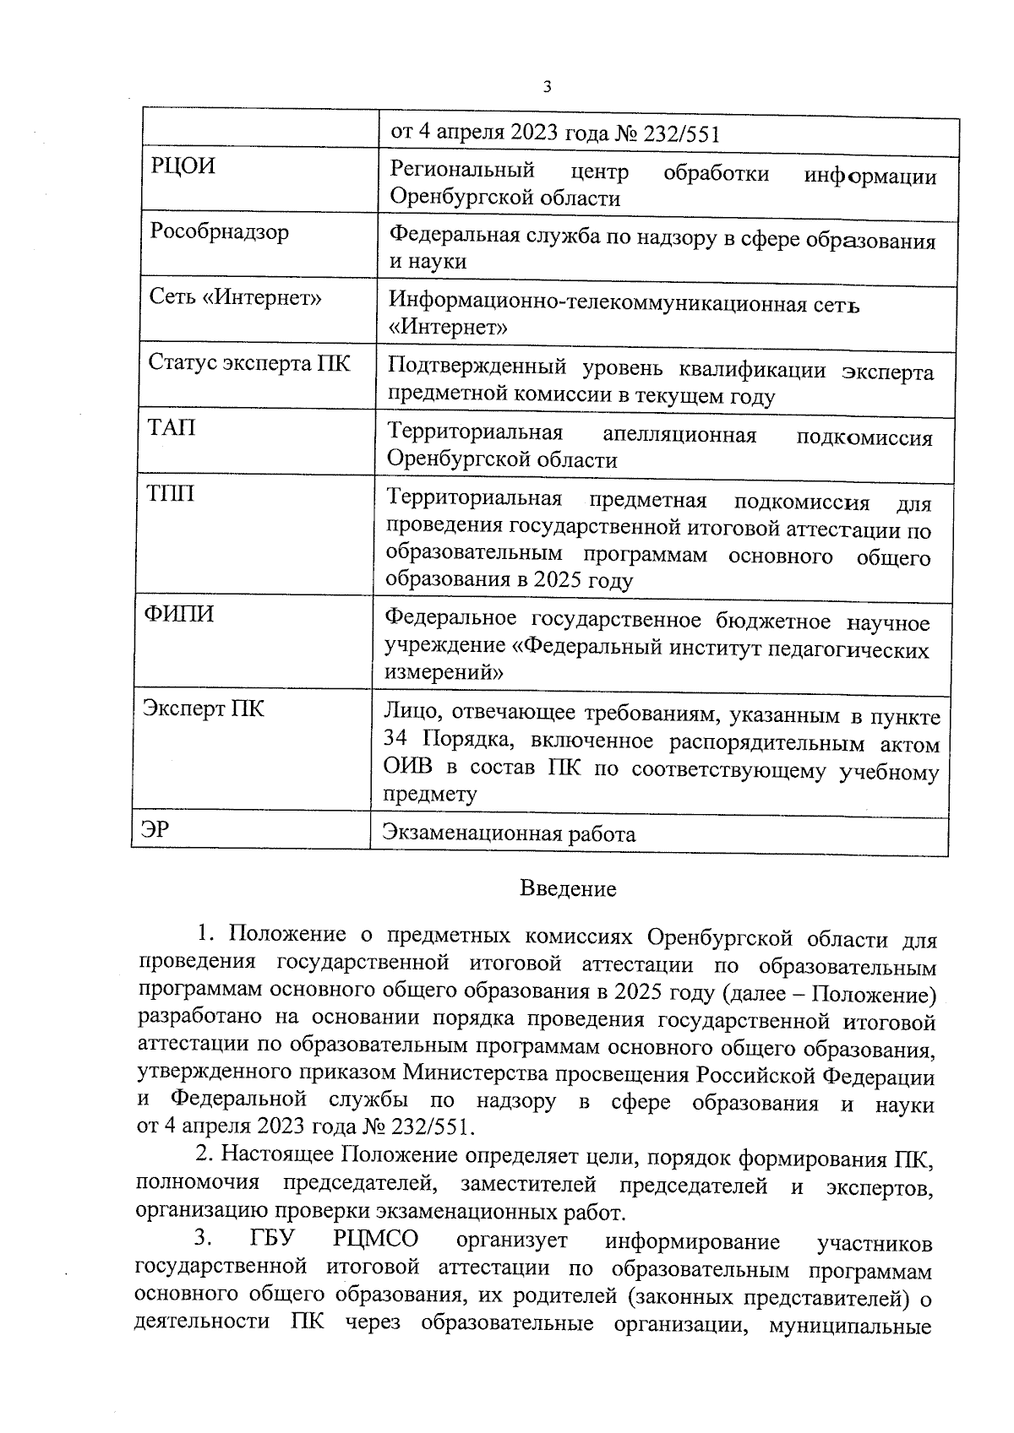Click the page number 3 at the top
point(548,87)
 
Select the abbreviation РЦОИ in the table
point(183,166)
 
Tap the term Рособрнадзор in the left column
point(219,231)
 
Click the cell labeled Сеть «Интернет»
point(235,297)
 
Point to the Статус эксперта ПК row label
point(248,363)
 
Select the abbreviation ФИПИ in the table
point(177,614)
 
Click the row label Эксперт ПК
point(203,708)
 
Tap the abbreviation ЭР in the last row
point(155,829)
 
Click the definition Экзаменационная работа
point(509,834)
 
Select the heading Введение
point(568,888)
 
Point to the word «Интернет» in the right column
point(448,326)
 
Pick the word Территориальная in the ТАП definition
point(475,432)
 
